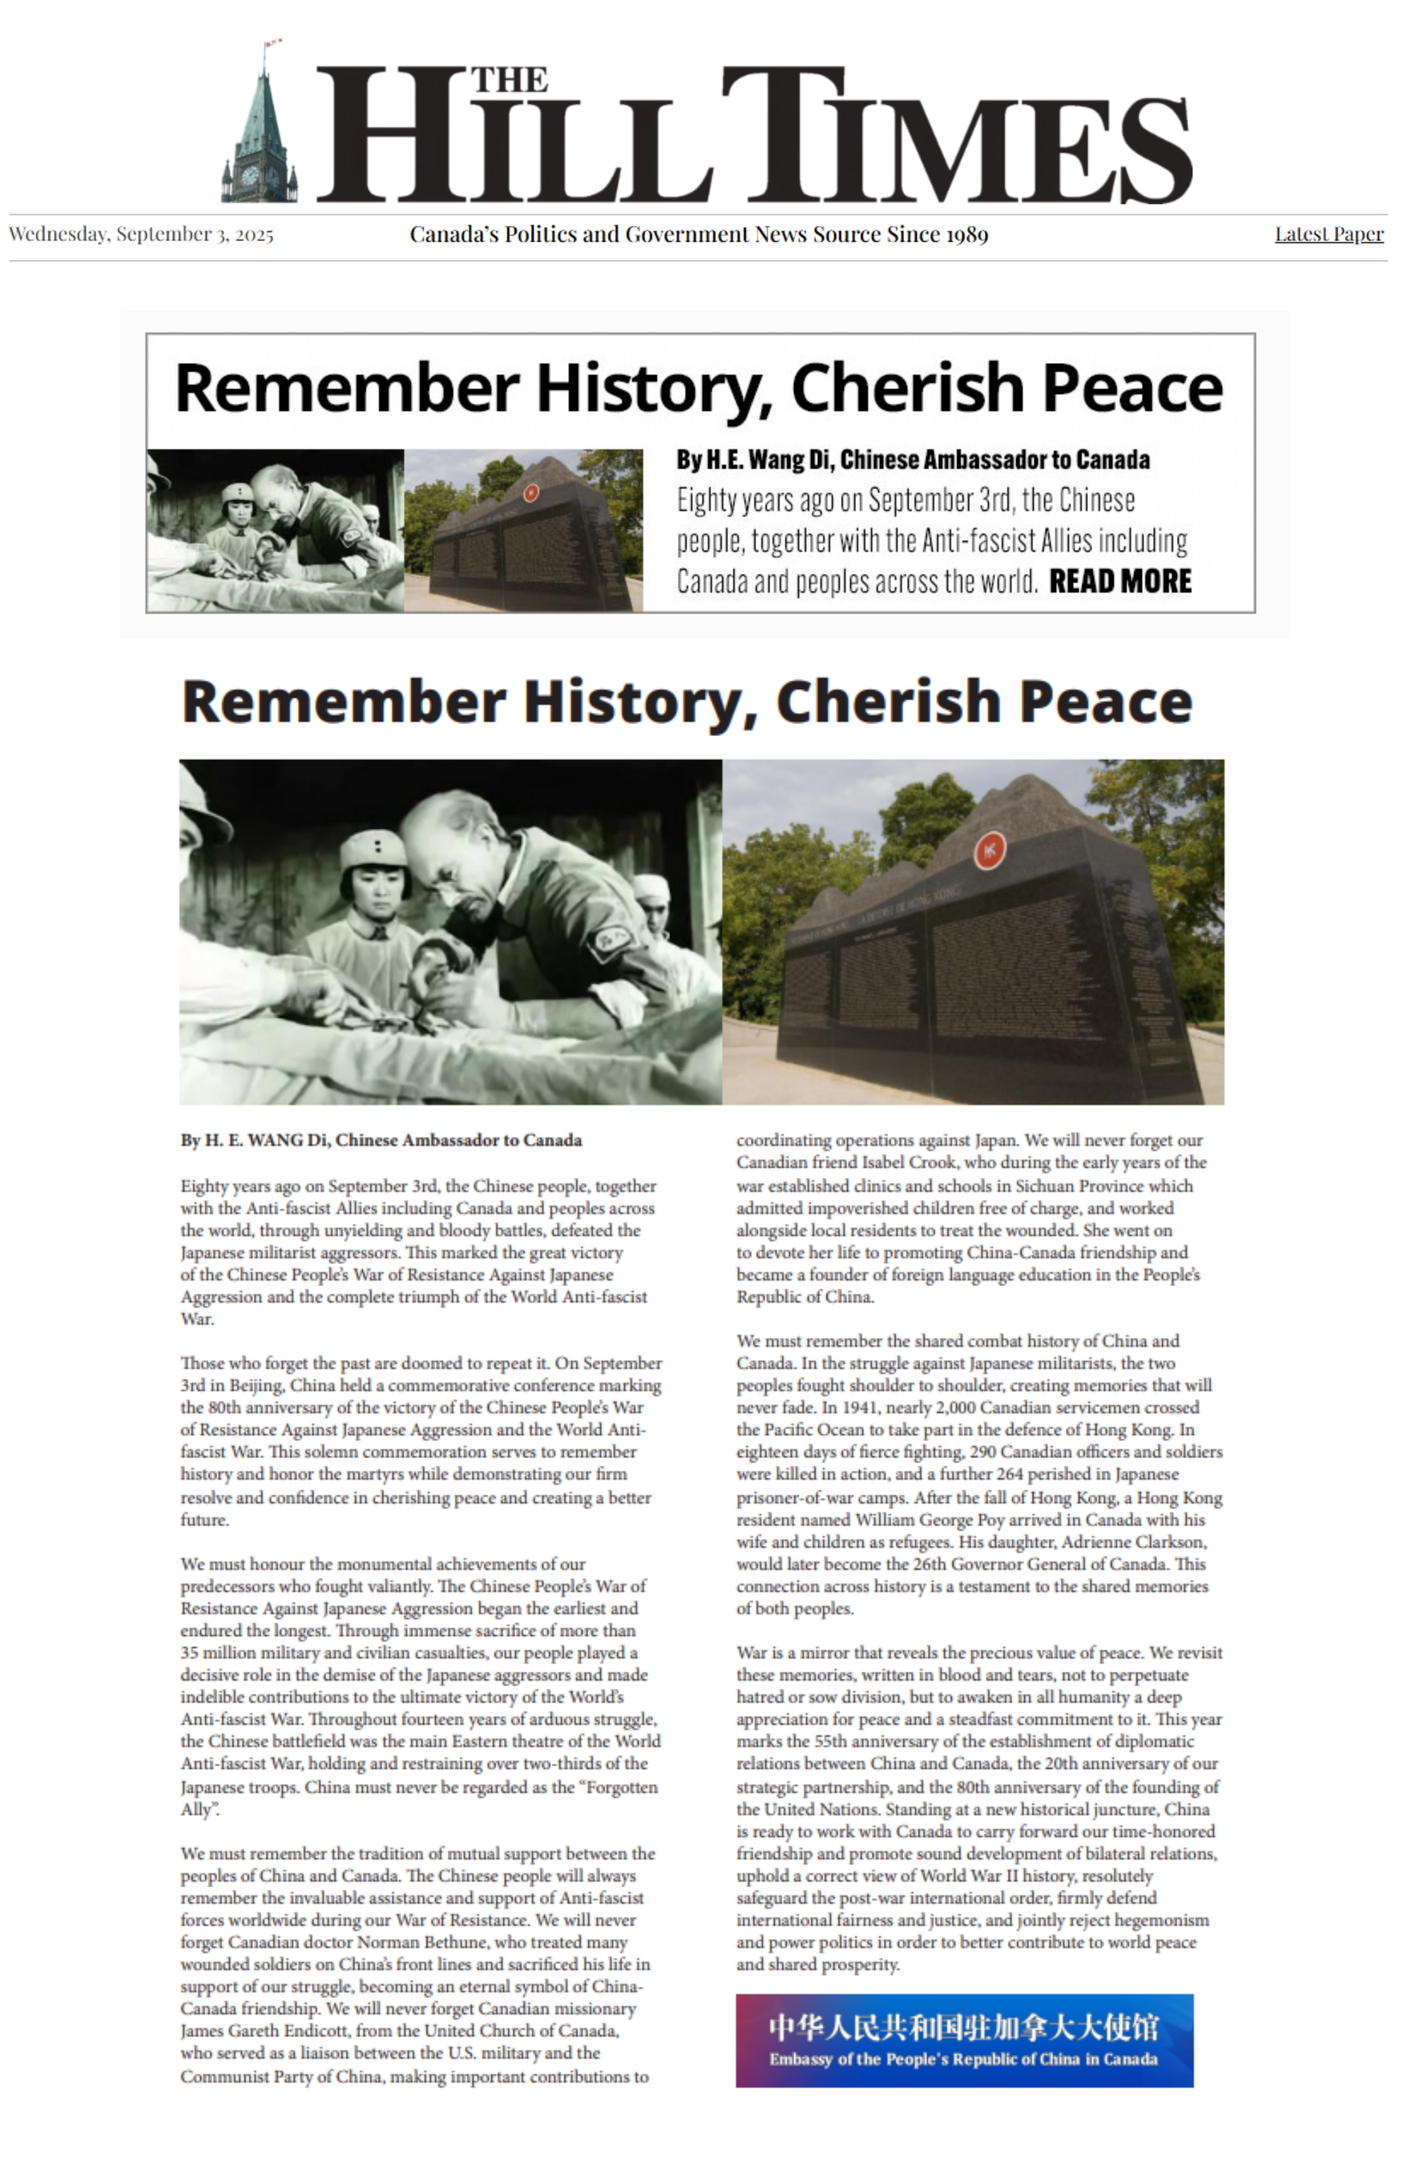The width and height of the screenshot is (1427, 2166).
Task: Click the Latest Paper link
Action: coord(1328,234)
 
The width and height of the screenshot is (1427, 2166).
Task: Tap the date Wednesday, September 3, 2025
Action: coord(141,234)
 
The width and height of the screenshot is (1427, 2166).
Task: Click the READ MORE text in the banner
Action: coord(1119,581)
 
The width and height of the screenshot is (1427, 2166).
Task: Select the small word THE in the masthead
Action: coord(509,80)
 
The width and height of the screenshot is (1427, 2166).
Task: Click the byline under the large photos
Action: coord(380,1140)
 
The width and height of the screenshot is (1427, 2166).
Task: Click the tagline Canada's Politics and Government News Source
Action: coord(698,235)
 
